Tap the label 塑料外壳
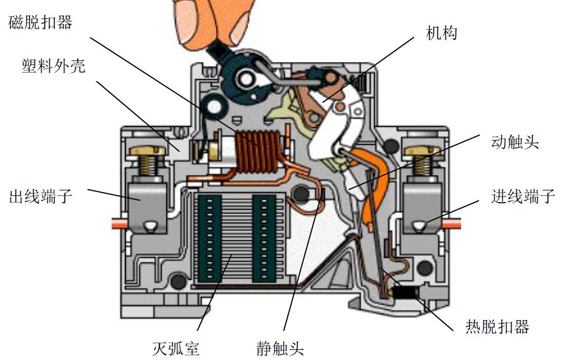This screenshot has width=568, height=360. coord(51,67)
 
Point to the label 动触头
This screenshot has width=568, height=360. coord(515,142)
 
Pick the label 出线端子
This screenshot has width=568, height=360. coord(40,197)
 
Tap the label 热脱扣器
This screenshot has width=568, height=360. coord(497,326)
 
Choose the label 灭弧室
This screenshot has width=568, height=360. coord(175,348)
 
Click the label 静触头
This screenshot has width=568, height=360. coord(279,348)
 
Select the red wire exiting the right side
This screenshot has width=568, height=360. coord(451,223)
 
